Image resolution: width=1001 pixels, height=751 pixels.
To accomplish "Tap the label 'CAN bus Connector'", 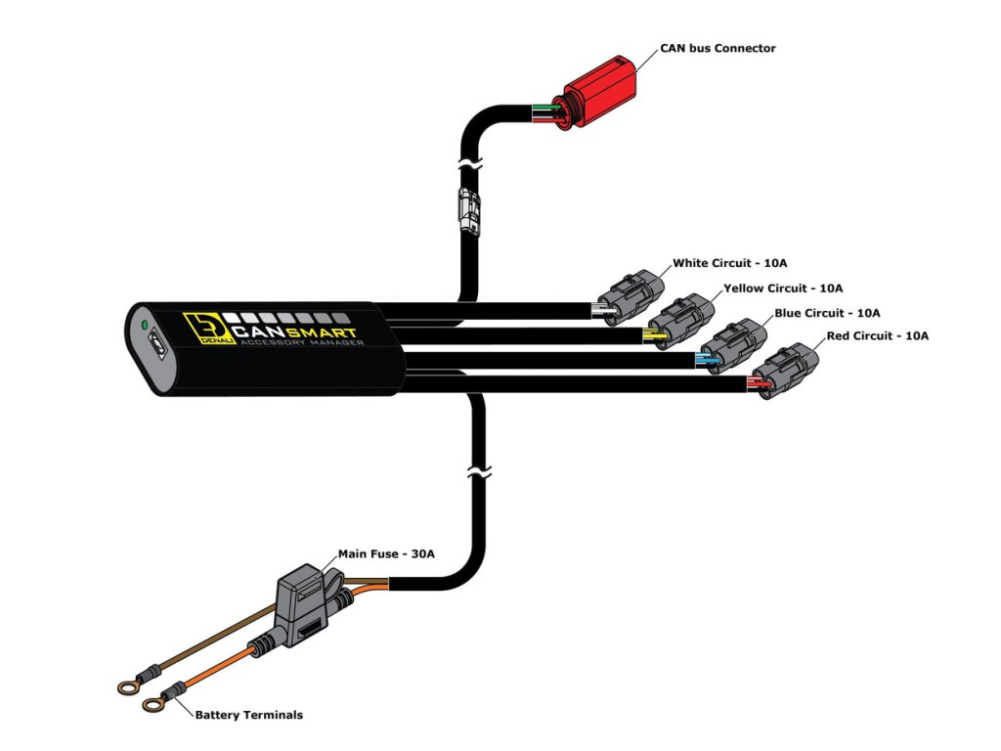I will (x=718, y=48).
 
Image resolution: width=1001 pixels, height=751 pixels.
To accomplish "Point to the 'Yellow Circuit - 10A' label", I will (x=782, y=288).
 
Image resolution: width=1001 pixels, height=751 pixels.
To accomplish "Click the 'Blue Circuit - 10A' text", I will (x=827, y=313).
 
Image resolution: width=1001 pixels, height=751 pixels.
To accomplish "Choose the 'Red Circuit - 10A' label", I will (x=876, y=336).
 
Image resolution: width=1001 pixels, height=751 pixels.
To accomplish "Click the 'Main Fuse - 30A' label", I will (x=386, y=553).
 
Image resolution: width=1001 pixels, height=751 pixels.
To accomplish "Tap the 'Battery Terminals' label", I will (x=248, y=715).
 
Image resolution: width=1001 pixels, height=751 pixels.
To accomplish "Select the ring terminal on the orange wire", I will (x=152, y=703).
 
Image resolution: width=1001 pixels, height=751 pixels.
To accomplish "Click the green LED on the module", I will (x=144, y=324).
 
